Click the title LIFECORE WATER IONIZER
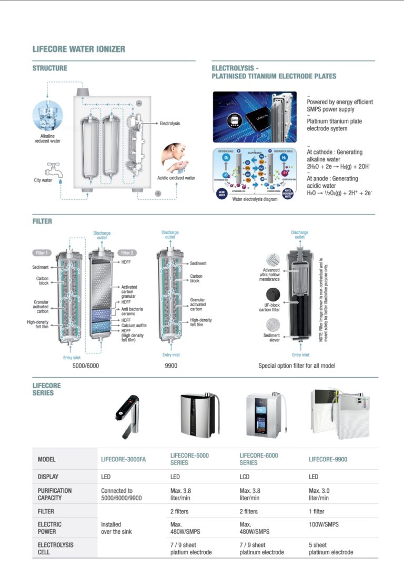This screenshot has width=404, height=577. coord(79,49)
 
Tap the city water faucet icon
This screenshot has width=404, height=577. coord(52,169)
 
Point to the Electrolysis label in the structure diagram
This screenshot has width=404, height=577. coord(169,123)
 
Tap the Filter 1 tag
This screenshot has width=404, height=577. coord(42,252)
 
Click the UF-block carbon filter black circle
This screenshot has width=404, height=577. coord(273,294)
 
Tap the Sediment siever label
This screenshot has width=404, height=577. coord(271,338)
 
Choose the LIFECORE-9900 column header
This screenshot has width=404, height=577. coord(328,459)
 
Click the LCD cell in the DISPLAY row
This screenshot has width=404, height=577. coord(245,477)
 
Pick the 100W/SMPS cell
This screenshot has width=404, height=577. coord(324,524)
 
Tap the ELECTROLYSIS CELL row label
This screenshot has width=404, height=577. coord(55,549)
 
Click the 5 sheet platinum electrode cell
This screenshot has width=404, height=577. coord(330,549)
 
